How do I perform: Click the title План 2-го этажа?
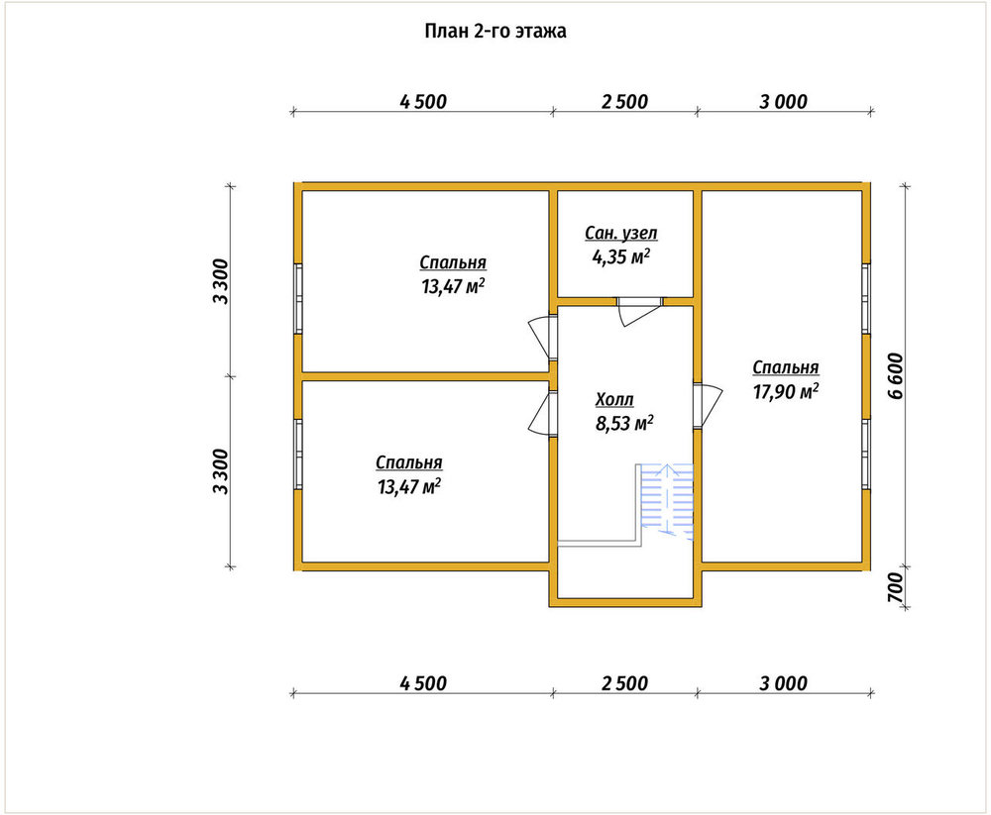(x=495, y=31)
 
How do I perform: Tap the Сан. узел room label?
(x=620, y=233)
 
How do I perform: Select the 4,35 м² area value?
(x=620, y=256)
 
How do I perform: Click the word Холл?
(x=614, y=399)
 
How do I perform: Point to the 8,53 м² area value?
(x=623, y=423)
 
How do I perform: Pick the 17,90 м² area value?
(x=786, y=391)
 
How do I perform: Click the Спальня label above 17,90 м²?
(x=786, y=367)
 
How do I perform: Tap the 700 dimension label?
(x=897, y=587)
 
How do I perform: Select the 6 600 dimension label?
(x=896, y=376)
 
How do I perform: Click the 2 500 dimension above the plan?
(x=624, y=102)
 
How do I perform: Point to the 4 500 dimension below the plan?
(x=423, y=683)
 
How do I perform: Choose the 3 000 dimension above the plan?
(x=783, y=102)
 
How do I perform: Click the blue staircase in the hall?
(x=667, y=501)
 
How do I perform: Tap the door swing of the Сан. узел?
(x=639, y=312)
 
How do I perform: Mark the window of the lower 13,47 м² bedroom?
(x=298, y=455)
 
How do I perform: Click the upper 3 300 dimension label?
(x=221, y=281)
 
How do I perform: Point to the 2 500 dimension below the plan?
(x=624, y=683)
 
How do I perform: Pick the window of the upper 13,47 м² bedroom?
(x=298, y=298)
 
